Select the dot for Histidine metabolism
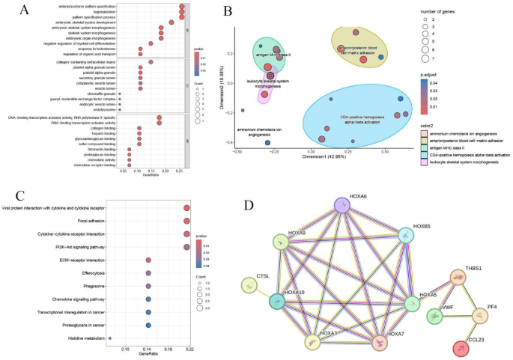(110, 338)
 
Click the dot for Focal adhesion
(187, 221)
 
